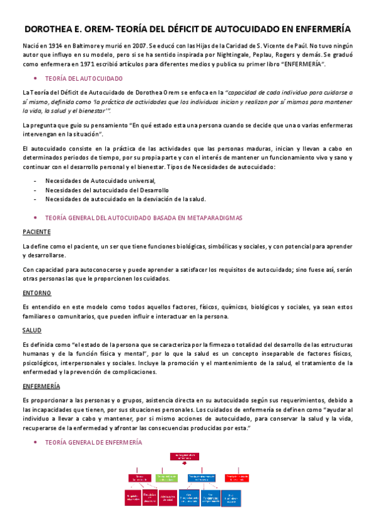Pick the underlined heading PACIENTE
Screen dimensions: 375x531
click(36, 232)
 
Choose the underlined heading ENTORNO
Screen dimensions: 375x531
click(36, 293)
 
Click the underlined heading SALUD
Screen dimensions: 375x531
click(33, 330)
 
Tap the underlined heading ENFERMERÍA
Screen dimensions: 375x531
click(41, 386)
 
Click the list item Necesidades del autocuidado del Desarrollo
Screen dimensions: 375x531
click(107, 190)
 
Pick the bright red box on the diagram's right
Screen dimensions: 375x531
click(239, 478)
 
